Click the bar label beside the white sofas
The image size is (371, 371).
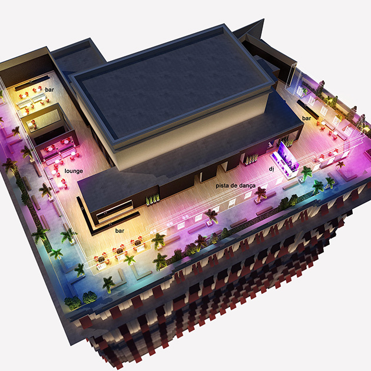[x=49, y=90]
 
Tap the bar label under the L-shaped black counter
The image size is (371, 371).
[x=120, y=231]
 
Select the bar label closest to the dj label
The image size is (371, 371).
[x=306, y=118]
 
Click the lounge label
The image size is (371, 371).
[x=74, y=171]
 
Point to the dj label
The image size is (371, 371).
[x=271, y=169]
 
